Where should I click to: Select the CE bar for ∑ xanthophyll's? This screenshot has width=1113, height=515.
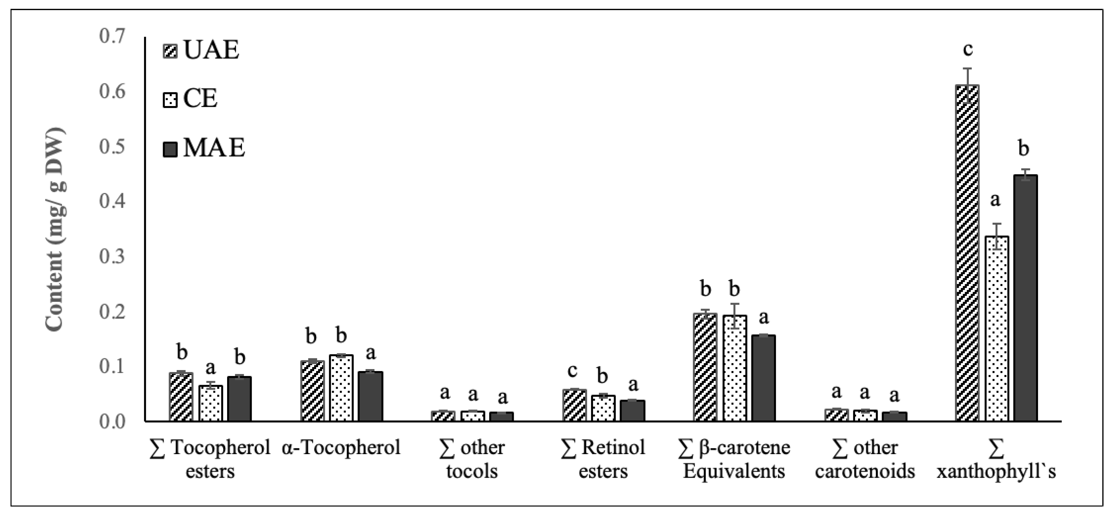click(x=997, y=329)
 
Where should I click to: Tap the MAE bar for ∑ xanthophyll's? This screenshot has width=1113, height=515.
click(x=1025, y=298)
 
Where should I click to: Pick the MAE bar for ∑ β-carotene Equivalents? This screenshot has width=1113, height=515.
click(x=763, y=378)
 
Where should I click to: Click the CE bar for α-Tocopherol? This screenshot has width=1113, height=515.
click(x=341, y=388)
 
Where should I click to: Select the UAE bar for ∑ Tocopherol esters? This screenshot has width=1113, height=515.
click(x=181, y=397)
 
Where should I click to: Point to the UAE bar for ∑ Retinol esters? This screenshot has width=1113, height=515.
click(x=574, y=405)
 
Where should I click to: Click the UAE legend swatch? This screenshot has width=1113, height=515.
click(x=170, y=50)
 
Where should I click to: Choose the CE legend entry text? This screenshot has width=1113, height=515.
click(x=200, y=99)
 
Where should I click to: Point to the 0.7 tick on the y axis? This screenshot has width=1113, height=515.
click(x=112, y=36)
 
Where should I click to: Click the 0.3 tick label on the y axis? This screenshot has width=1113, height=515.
click(x=112, y=257)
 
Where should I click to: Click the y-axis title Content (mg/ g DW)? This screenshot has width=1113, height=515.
click(x=55, y=229)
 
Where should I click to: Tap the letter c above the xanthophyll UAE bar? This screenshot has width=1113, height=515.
click(x=968, y=50)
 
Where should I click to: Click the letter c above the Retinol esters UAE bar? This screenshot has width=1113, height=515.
click(x=572, y=371)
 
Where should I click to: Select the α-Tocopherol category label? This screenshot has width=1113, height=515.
click(x=341, y=448)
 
